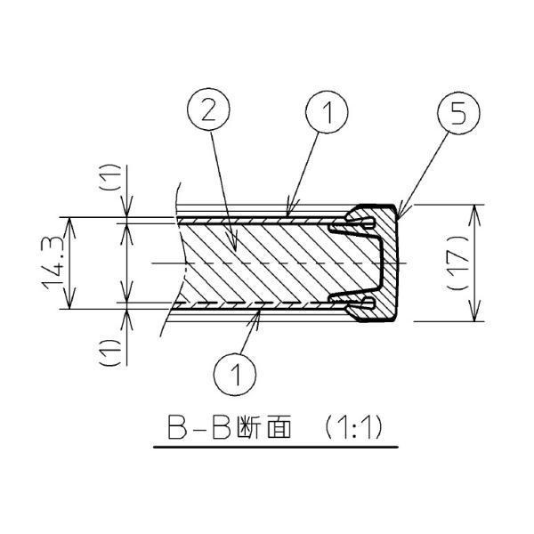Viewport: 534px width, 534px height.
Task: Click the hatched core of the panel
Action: point(267,263)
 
